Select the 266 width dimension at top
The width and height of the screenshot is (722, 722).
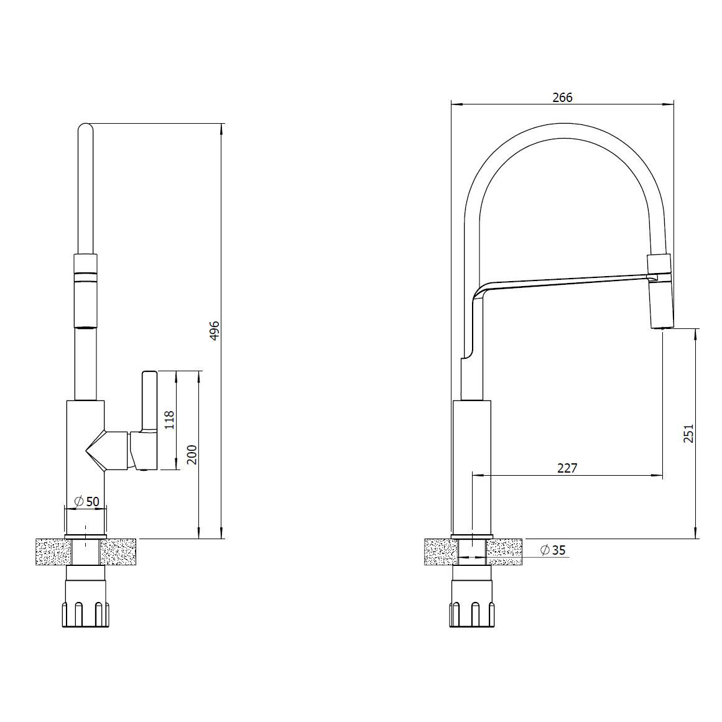(x=562, y=97)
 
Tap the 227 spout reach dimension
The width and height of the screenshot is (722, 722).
(x=567, y=468)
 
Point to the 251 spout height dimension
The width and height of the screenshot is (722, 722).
(x=688, y=433)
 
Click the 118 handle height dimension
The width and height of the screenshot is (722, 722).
(x=169, y=420)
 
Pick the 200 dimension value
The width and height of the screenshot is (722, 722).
(x=192, y=455)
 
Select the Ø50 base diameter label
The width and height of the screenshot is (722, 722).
(x=86, y=501)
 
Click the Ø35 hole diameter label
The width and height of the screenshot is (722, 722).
(x=552, y=550)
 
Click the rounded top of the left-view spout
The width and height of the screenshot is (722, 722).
(x=85, y=129)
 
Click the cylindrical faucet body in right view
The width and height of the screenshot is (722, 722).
(x=472, y=466)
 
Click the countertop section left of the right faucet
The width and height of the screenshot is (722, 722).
(x=439, y=552)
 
